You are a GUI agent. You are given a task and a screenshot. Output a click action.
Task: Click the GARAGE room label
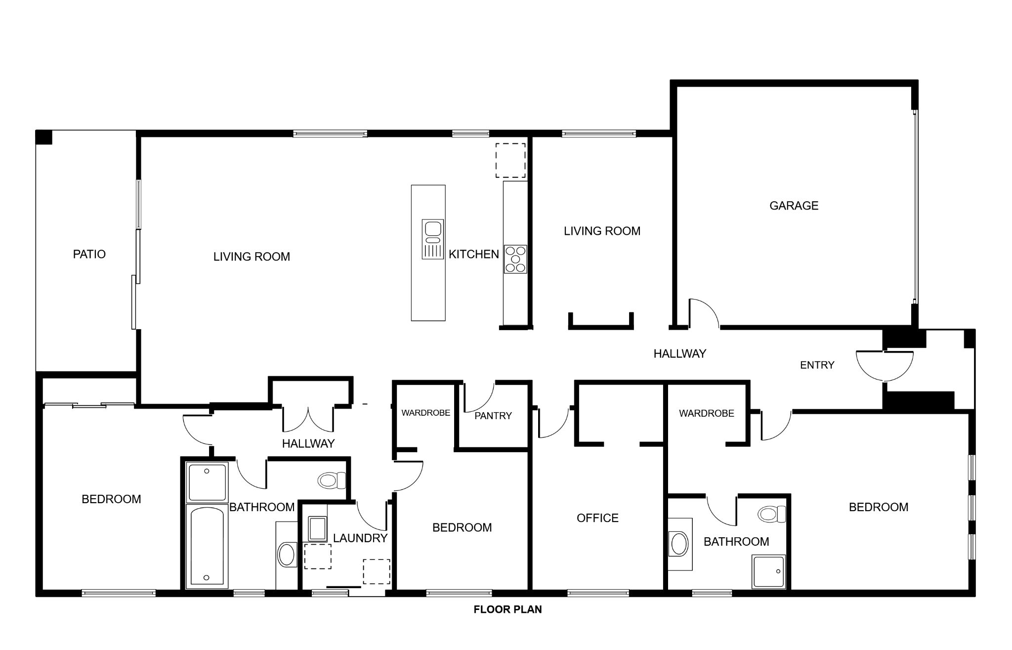tap(794, 206)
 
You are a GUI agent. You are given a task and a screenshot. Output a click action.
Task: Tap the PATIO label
tap(89, 254)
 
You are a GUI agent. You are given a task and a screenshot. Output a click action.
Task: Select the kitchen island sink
tap(433, 239)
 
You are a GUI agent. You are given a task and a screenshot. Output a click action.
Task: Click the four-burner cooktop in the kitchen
tap(515, 259)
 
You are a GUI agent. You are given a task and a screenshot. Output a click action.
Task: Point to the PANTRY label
tap(493, 416)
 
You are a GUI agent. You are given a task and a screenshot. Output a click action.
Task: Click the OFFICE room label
tap(597, 518)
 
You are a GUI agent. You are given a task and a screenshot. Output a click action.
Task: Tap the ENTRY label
tap(817, 365)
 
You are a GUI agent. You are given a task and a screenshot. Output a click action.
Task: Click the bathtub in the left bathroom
tap(207, 546)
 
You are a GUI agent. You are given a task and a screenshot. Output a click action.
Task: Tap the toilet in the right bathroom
tap(772, 514)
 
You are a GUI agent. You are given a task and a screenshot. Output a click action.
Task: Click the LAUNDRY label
tap(360, 538)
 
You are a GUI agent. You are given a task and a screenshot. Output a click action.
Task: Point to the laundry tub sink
tap(317, 529)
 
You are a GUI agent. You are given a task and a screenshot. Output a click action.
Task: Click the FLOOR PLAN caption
tap(507, 609)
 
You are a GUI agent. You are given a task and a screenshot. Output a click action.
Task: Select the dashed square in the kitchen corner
tap(510, 161)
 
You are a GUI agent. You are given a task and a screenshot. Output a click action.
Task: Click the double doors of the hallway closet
tap(308, 419)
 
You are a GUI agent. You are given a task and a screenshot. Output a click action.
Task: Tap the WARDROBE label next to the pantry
tap(425, 413)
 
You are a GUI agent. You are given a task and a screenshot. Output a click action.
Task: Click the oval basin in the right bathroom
tap(679, 544)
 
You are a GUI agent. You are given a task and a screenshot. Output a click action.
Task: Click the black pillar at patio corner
tap(43, 137)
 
